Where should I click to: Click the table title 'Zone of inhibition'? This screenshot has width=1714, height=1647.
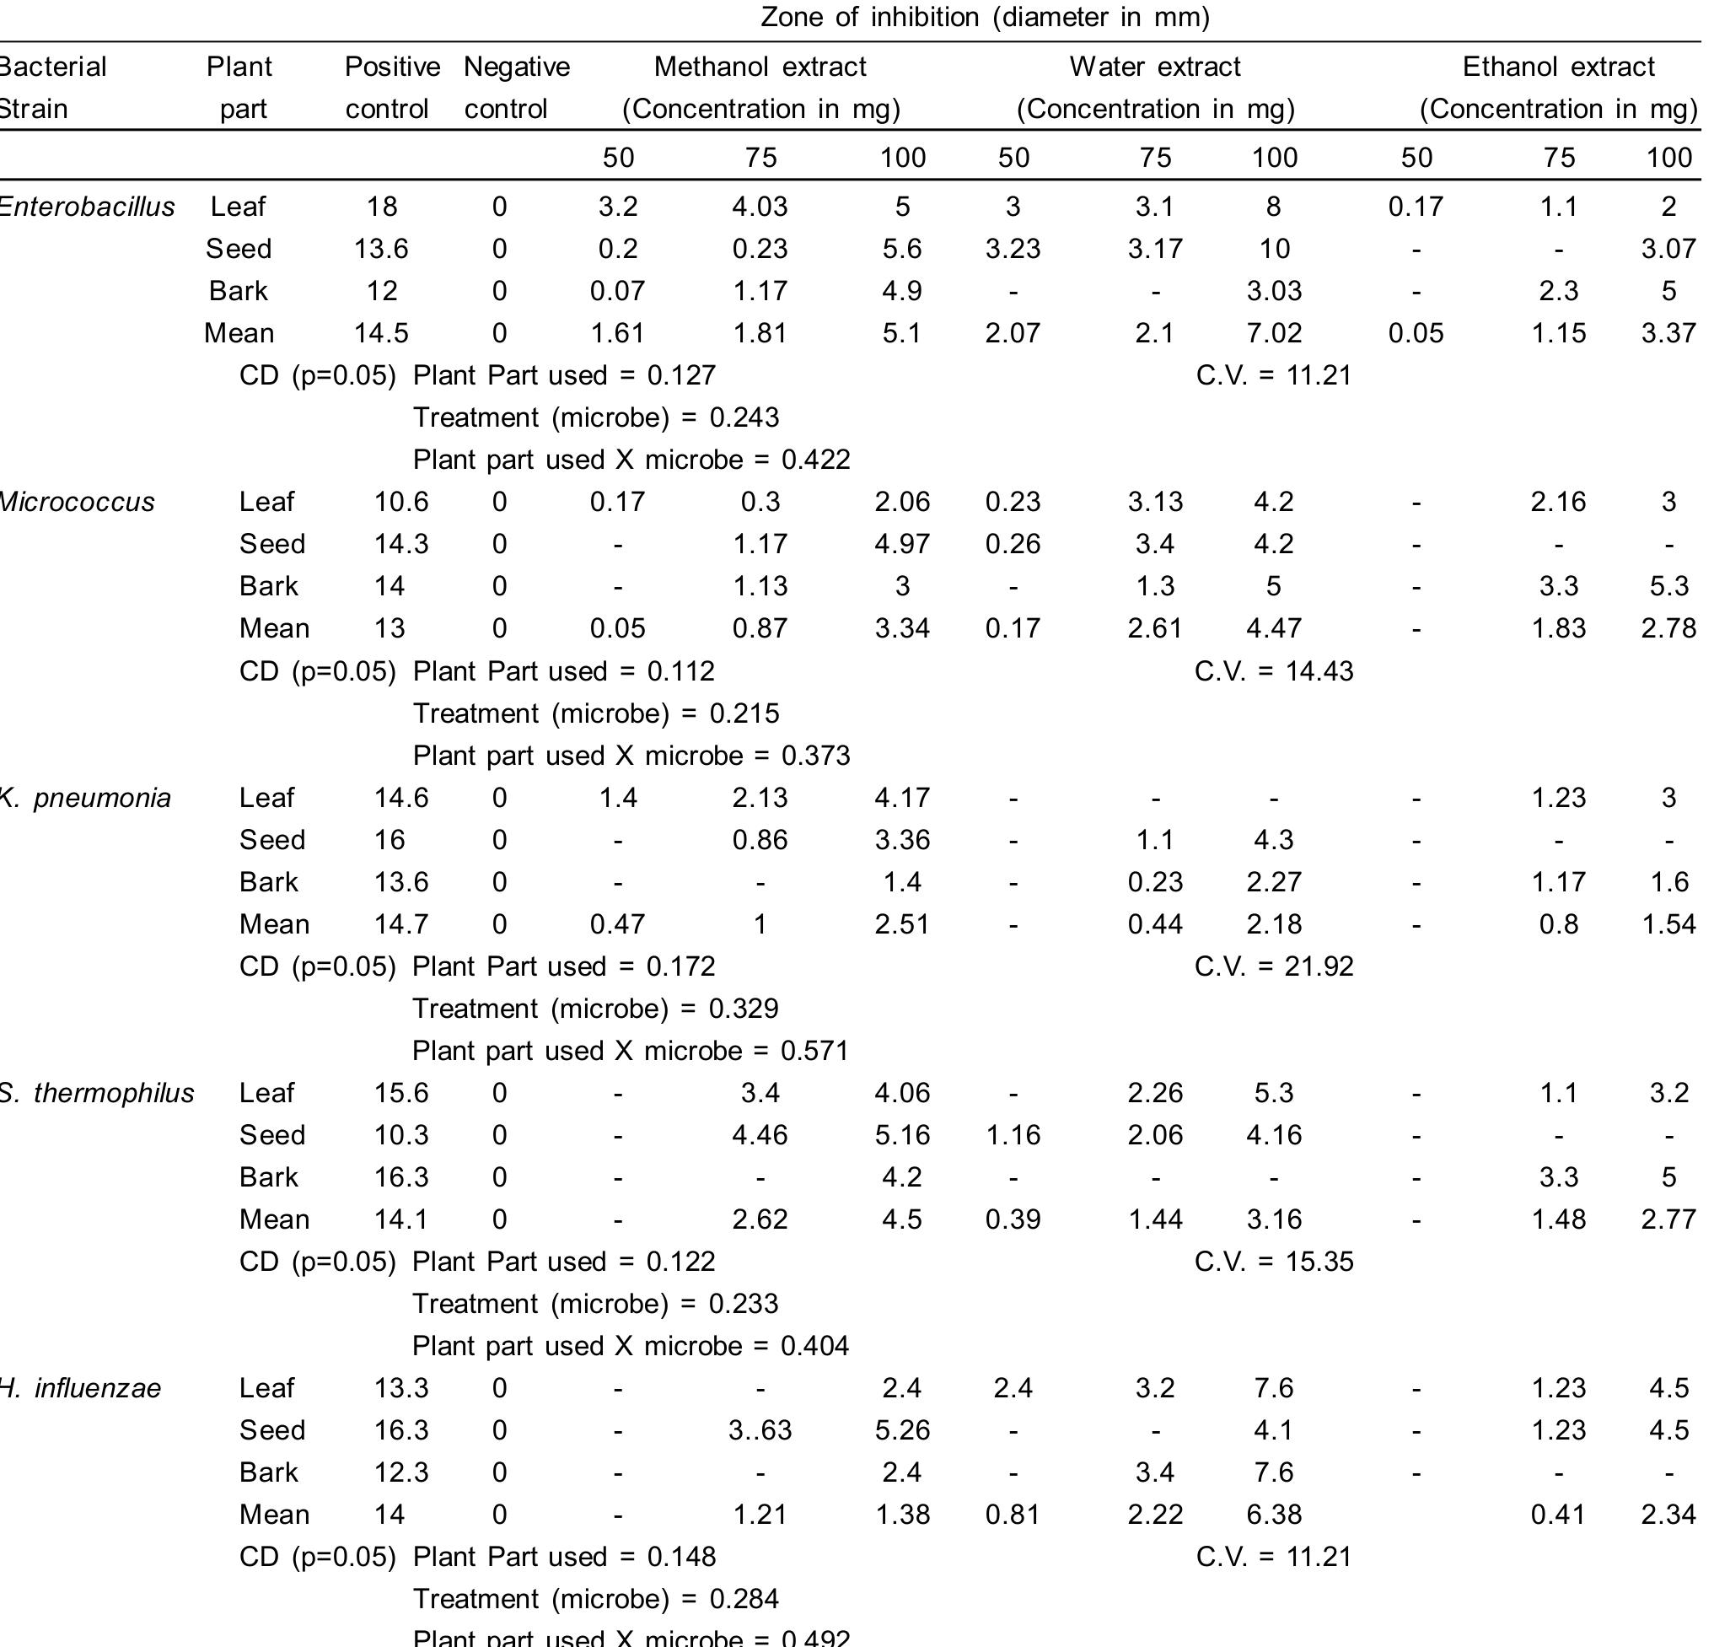pos(985,18)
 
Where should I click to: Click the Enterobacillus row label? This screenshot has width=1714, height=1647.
pos(88,207)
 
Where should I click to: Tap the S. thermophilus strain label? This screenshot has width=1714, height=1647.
pos(96,1093)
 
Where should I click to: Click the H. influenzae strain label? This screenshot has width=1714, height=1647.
pos(80,1389)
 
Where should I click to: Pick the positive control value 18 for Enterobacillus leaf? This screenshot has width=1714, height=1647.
pos(382,207)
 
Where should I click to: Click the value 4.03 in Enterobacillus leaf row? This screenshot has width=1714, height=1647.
pos(760,207)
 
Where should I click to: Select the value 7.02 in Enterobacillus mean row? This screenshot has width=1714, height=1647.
pos(1274,333)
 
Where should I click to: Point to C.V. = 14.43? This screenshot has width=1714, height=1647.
pos(1273,672)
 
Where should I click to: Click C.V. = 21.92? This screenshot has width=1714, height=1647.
pos(1273,966)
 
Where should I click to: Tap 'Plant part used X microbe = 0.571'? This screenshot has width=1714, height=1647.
pos(631,1051)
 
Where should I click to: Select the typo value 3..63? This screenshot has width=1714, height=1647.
pos(760,1431)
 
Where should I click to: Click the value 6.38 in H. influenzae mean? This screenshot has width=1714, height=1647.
pos(1274,1515)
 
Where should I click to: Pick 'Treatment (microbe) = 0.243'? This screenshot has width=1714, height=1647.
pos(595,417)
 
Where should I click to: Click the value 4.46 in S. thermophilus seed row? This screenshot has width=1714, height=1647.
pos(760,1135)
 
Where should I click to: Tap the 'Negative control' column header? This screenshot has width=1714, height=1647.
pos(516,88)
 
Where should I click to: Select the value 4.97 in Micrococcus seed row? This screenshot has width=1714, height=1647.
pos(902,544)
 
